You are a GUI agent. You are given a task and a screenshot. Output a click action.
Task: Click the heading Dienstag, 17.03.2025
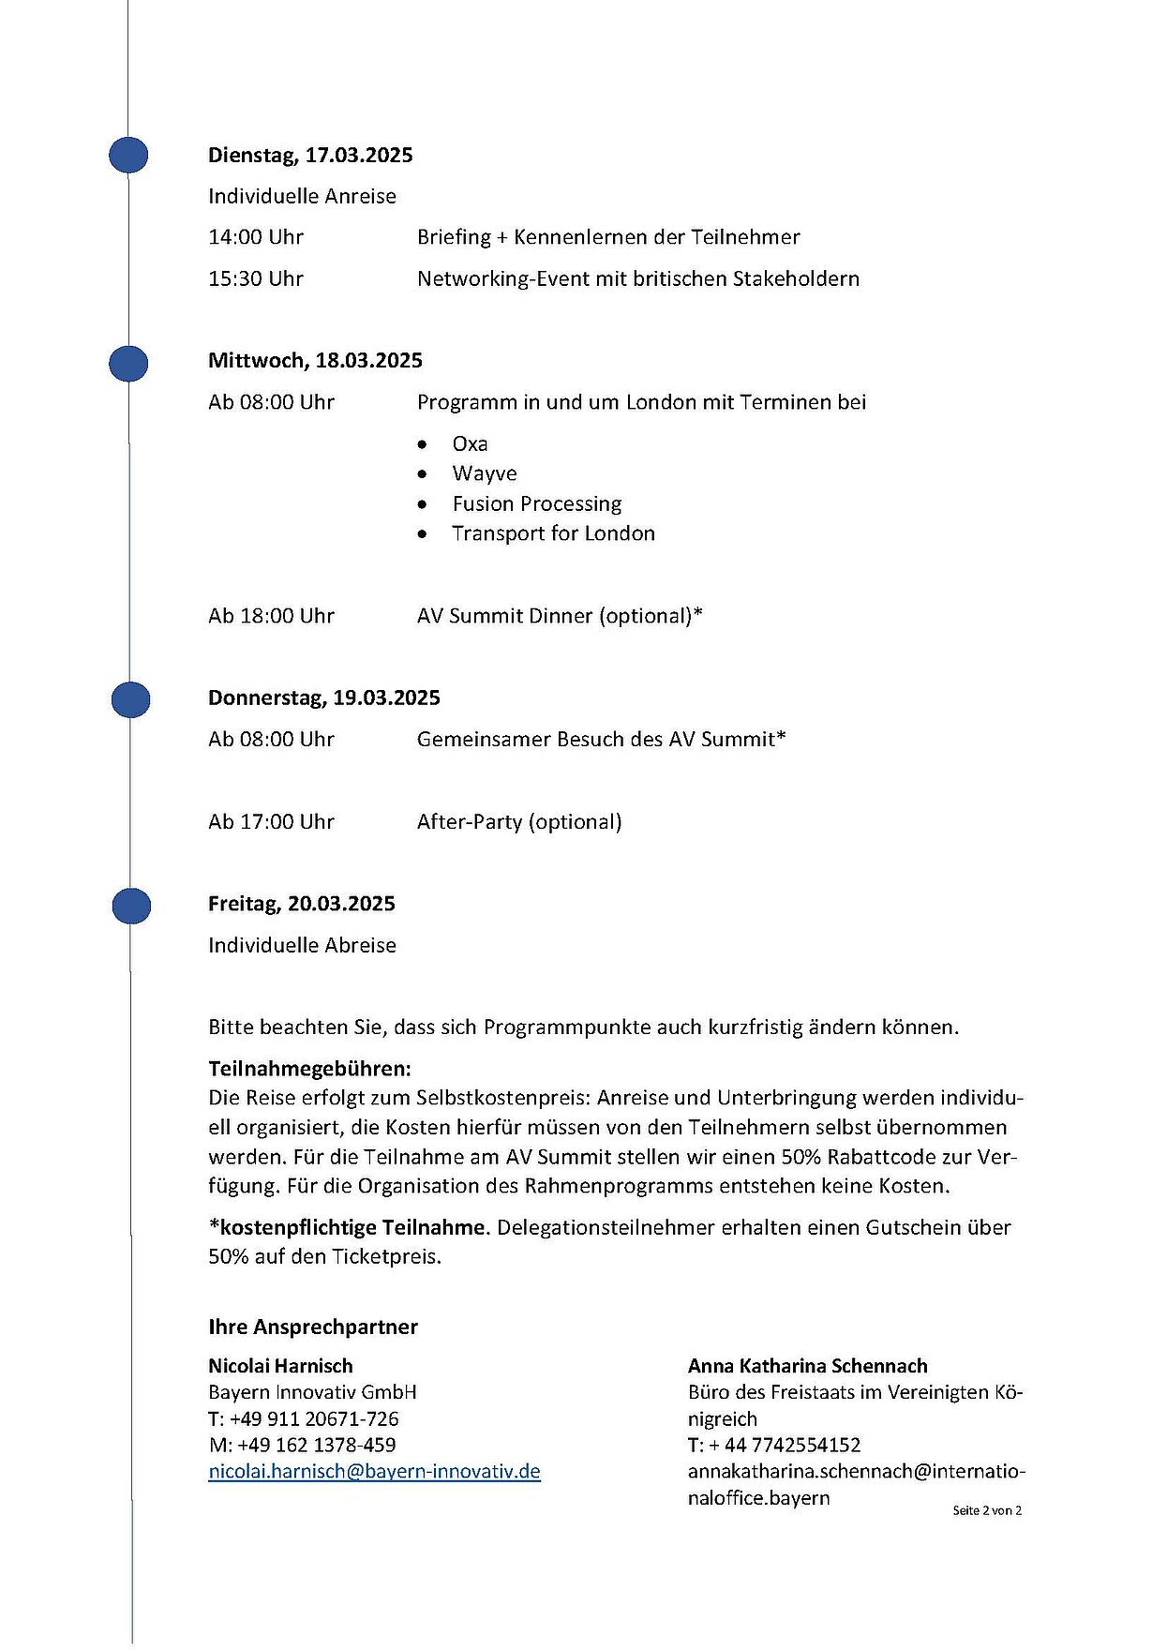tap(310, 155)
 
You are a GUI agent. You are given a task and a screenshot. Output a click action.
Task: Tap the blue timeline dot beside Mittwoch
tap(128, 364)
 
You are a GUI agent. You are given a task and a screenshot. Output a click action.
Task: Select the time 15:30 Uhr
tap(256, 278)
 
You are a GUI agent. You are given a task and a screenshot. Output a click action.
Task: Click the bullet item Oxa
tap(470, 443)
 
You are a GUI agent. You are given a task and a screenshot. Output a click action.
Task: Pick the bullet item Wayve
tap(484, 473)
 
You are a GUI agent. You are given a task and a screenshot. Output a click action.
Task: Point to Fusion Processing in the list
tap(536, 503)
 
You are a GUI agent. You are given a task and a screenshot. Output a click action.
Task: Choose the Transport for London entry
tap(553, 533)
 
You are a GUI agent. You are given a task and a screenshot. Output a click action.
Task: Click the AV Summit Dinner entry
tap(560, 616)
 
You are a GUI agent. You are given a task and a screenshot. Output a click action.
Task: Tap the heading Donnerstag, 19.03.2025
tap(324, 697)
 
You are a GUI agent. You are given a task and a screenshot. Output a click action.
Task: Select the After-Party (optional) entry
tap(519, 822)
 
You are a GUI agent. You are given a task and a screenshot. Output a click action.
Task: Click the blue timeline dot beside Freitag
tap(131, 907)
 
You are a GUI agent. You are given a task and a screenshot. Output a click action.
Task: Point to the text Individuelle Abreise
tap(302, 945)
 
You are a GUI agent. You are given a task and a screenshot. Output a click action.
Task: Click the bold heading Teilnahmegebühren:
tap(309, 1069)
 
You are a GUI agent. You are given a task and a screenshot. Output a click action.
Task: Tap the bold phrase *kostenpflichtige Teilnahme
tap(347, 1227)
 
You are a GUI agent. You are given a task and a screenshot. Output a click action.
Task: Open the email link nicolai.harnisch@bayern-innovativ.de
tap(374, 1472)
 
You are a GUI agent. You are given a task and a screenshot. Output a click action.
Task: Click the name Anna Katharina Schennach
tap(807, 1366)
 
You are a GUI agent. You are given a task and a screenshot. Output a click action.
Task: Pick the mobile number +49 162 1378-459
tap(316, 1445)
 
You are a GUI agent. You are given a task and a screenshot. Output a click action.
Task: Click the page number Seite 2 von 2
tap(986, 1510)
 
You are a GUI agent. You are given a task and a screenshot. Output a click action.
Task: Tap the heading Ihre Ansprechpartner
tap(313, 1327)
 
